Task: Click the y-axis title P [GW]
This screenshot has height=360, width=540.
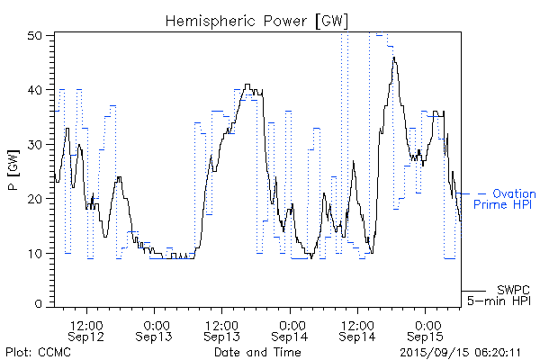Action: click(13, 170)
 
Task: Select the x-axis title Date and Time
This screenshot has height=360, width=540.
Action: click(256, 352)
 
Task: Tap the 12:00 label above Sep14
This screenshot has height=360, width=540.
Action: click(357, 323)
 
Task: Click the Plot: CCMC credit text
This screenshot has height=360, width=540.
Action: click(38, 352)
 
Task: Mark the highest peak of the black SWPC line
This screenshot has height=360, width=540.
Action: click(394, 58)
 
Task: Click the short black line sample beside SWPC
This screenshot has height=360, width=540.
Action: click(473, 290)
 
